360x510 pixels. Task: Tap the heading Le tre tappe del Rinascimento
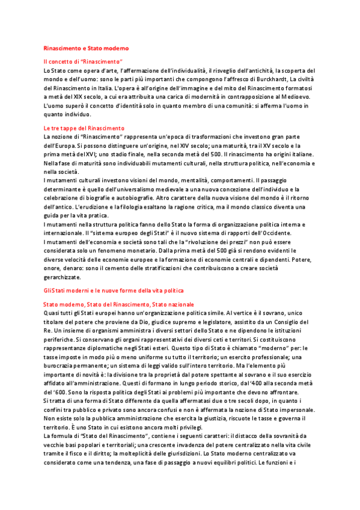[x=84, y=128]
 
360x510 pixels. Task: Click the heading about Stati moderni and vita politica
[x=114, y=290]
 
